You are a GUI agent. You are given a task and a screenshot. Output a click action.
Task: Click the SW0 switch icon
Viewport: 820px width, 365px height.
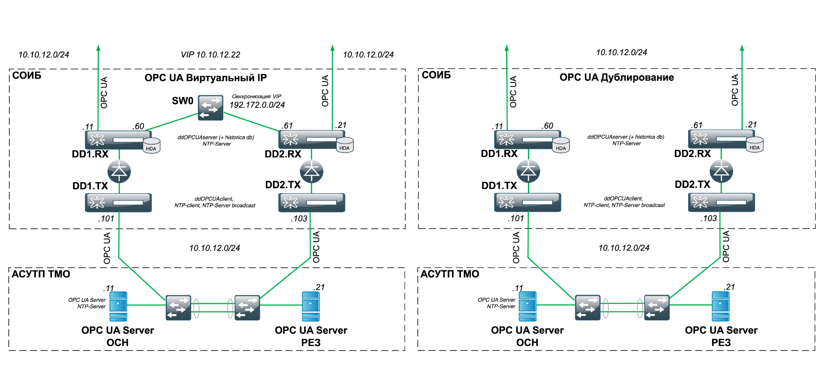pos(211,107)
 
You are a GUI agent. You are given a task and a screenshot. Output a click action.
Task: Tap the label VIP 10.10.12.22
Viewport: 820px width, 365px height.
pos(210,55)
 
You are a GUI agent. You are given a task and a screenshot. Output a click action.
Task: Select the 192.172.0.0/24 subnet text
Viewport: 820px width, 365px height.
pos(257,105)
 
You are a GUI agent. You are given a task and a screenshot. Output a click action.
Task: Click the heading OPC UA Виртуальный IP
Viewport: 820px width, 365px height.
pos(206,78)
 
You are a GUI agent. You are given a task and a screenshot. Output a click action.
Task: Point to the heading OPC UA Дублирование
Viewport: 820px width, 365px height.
pos(616,77)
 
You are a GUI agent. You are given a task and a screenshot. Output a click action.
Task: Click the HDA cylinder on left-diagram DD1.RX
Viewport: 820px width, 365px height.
pos(151,146)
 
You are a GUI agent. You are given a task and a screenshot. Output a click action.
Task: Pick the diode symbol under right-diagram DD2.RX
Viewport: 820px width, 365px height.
pos(721,171)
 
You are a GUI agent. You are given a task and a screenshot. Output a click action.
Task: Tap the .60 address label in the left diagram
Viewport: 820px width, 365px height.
pos(138,126)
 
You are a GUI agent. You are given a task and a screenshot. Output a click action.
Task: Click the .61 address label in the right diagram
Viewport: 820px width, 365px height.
pos(697,125)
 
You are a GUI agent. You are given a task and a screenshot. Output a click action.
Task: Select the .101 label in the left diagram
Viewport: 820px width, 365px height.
pos(106,218)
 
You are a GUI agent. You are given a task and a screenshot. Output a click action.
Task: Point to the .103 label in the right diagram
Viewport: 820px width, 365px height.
pos(709,218)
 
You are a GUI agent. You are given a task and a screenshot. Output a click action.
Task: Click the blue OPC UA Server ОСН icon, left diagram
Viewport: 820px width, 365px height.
pos(118,306)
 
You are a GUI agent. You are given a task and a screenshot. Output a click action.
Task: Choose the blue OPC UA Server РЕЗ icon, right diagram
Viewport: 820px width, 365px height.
pos(721,306)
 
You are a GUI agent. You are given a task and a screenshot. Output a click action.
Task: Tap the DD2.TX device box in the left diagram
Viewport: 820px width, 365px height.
pos(312,202)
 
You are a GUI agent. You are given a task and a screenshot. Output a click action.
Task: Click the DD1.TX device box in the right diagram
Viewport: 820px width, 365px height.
pos(528,202)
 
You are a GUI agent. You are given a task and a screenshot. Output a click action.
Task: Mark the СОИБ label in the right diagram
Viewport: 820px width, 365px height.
pos(436,75)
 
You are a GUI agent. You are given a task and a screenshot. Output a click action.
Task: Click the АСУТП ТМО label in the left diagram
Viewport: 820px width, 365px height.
pos(41,274)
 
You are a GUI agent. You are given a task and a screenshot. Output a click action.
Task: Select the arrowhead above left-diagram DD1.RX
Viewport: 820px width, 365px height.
pos(98,48)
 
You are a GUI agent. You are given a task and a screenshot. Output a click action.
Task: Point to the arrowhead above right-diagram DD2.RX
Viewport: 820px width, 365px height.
pos(742,48)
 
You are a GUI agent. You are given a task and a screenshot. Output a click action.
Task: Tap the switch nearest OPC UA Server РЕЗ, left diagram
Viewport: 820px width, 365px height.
pos(247,308)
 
